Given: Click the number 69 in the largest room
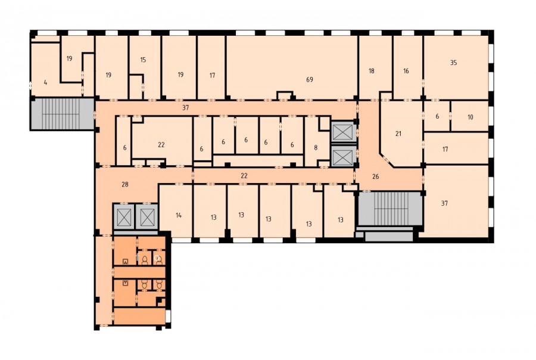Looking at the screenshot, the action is pos(309,80).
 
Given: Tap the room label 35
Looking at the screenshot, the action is pos(453,63).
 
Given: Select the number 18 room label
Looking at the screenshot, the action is pos(371,71).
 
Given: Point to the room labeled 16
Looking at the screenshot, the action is pos(406,71).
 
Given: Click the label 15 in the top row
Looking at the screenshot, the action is pos(143,60).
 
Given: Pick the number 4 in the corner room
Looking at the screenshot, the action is pos(45,82).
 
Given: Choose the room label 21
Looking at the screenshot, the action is pos(398,134).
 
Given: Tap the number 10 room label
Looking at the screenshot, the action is pos(470,117).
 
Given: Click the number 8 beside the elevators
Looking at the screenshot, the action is pos(316,147).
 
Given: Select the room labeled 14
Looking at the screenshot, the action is pos(179,215).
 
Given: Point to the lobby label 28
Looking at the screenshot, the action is pos(125,184).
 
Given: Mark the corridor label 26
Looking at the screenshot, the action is pos(375,176).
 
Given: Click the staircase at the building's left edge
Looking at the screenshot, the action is pos(63,114).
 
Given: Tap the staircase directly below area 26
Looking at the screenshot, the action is pos(389,208).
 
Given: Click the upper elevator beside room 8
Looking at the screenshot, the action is pos(342,132).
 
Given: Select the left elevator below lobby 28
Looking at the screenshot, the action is pos(124,217).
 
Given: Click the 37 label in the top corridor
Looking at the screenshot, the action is pos(185,107).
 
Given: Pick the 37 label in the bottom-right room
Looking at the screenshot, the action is pos(444,203).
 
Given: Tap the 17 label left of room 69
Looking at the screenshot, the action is pos(212,75).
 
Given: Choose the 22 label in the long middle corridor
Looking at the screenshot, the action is pos(244,176).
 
